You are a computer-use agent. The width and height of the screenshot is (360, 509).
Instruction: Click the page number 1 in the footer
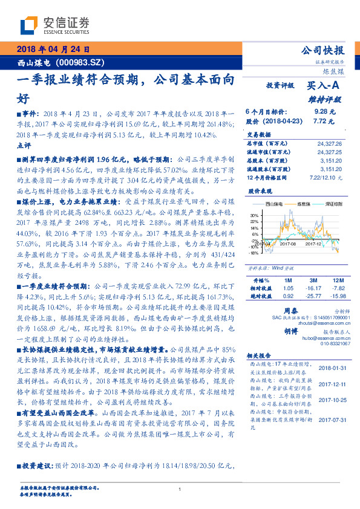coord(180,490)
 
